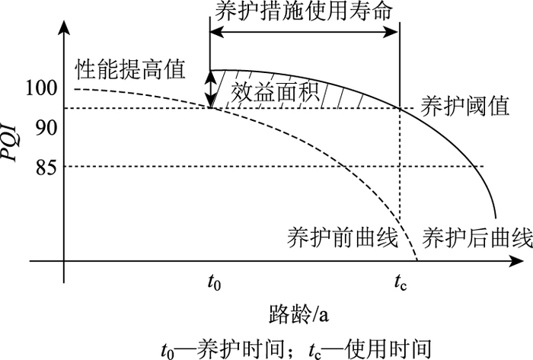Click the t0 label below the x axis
[x=215, y=284]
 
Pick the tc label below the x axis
[x=401, y=284]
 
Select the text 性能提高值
[x=130, y=68]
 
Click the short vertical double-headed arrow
[x=211, y=89]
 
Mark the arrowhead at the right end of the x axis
[x=503, y=263]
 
